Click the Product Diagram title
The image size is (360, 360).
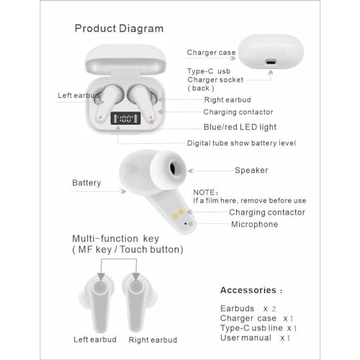tap(119, 29)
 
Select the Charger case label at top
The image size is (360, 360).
tap(210, 53)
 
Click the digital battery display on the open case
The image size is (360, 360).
tap(125, 120)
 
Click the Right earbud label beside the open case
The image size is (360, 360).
tap(228, 101)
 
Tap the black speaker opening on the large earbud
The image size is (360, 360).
tap(175, 170)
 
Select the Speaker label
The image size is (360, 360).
tap(251, 171)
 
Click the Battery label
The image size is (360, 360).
tap(86, 183)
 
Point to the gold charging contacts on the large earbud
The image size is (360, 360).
tap(177, 211)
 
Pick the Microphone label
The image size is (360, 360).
tap(253, 225)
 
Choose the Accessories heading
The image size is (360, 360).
tap(248, 290)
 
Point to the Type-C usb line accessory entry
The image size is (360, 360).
tap(258, 328)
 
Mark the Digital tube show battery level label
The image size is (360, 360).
tap(241, 143)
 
